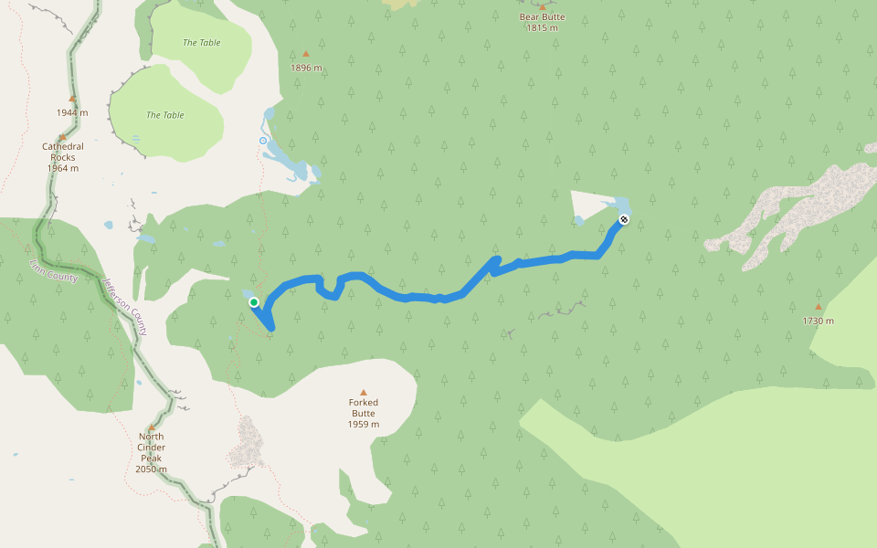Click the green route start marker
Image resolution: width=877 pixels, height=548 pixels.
[x=254, y=302]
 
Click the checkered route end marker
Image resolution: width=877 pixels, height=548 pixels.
[x=624, y=219]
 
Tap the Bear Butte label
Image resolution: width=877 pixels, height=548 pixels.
[x=542, y=16]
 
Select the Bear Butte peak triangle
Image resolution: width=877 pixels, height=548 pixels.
[x=542, y=6]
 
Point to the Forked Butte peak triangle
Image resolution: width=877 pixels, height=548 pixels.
[x=364, y=392]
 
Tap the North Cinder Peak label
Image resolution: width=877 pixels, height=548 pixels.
[x=151, y=448]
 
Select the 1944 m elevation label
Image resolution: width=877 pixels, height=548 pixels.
[x=72, y=112]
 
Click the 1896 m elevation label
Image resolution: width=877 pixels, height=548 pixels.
[x=306, y=68]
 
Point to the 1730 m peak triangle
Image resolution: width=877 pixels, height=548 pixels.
[x=819, y=307]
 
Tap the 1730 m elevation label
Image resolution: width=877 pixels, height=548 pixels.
[x=819, y=321]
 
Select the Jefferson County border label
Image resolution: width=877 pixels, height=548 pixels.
[x=125, y=307]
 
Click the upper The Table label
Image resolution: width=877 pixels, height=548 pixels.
[x=202, y=43]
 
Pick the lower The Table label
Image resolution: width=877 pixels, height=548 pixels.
[x=165, y=115]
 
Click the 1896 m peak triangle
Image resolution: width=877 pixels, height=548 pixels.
[x=306, y=54]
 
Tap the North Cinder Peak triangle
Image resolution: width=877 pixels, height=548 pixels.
[x=152, y=427]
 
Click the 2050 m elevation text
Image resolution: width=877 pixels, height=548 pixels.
[x=151, y=469]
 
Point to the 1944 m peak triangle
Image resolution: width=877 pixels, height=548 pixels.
[x=72, y=99]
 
